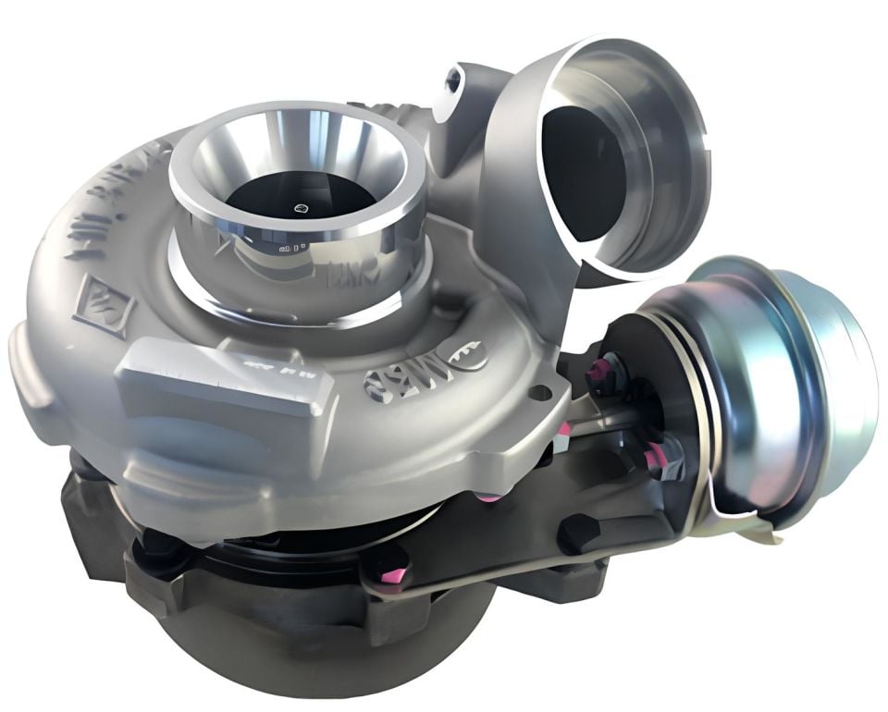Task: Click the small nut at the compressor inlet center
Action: (x=301, y=209)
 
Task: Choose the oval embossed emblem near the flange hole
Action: (x=462, y=356)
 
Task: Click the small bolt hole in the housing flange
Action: (x=542, y=393)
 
